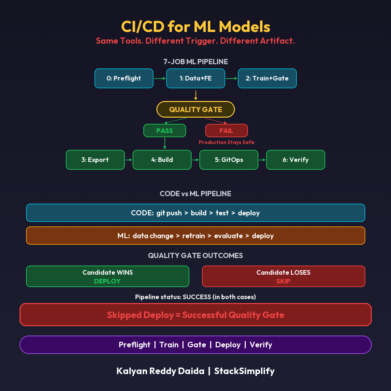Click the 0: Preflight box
tap(124, 79)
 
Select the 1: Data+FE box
tap(195, 79)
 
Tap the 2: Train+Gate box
tap(267, 79)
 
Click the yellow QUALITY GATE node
tap(195, 109)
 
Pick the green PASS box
tap(165, 131)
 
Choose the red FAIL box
tap(226, 131)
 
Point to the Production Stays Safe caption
tap(226, 142)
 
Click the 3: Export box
tap(95, 160)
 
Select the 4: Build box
tap(162, 160)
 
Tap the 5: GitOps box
tap(229, 160)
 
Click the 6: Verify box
tap(296, 160)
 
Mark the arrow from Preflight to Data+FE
tap(160, 79)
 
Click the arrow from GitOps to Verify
tap(262, 160)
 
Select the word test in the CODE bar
tap(222, 213)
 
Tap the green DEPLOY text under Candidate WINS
tap(107, 281)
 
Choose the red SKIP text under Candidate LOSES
tap(283, 281)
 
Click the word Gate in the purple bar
tap(197, 345)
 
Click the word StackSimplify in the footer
tap(244, 371)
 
